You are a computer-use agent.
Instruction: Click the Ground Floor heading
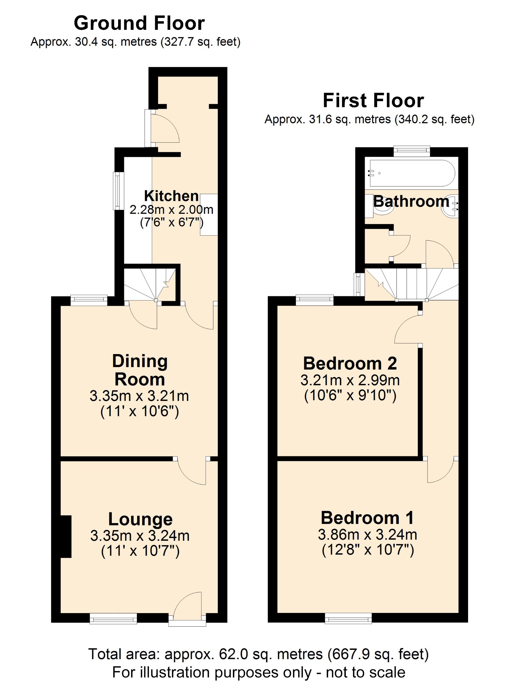[x=139, y=23]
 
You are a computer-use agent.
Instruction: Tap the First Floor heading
[x=373, y=101]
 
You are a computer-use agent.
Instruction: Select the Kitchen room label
[x=171, y=196]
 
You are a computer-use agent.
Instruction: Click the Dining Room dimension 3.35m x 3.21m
[x=139, y=396]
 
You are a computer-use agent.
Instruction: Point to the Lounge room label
[x=140, y=519]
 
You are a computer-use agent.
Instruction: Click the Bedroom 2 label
[x=350, y=363]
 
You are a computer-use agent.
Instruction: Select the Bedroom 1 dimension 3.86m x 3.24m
[x=368, y=535]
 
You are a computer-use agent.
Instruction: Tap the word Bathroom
[x=411, y=201]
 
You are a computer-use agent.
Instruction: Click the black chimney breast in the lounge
[x=66, y=537]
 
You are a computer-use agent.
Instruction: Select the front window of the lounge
[x=113, y=619]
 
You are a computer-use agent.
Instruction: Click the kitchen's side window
[x=118, y=191]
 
